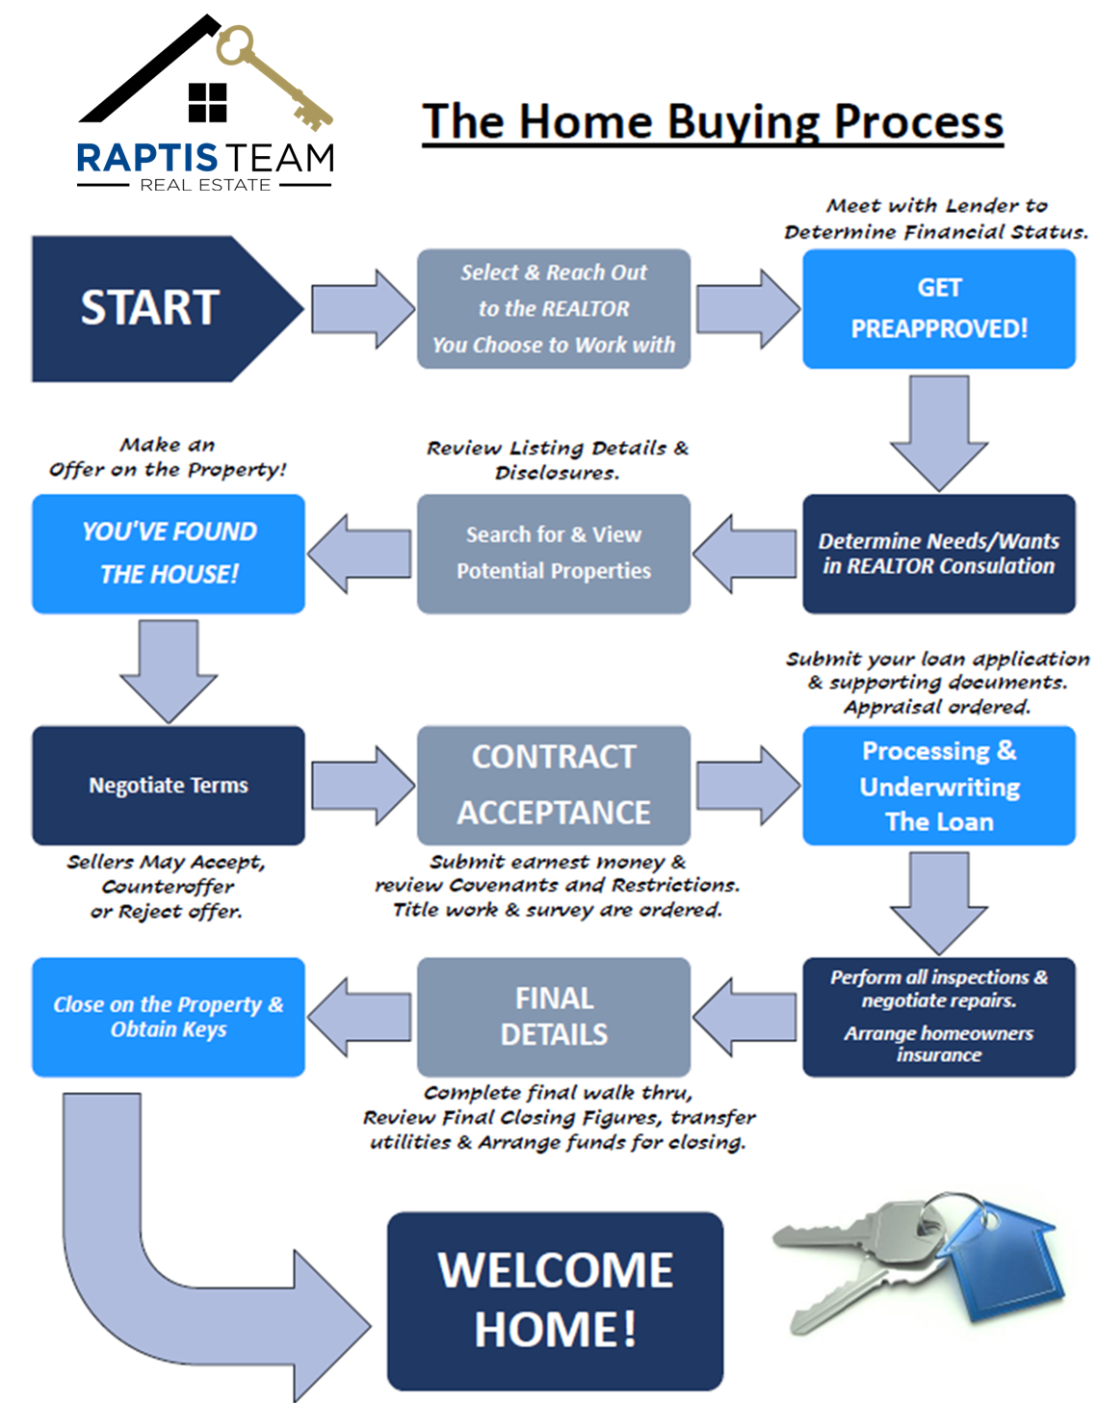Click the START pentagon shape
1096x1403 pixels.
coord(154,308)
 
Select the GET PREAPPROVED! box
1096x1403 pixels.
coord(938,308)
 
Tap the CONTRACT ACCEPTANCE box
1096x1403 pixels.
coord(553,785)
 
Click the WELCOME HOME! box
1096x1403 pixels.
coord(555,1300)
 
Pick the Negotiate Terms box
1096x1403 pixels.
coord(168,785)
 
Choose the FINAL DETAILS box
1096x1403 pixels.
coord(553,1016)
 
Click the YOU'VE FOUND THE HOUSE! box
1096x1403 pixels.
coord(168,553)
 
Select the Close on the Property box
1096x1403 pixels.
coord(168,1016)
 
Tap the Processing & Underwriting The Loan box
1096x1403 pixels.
coord(938,785)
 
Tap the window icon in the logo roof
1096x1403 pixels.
coord(207,102)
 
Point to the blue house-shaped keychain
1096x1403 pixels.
coord(1002,1261)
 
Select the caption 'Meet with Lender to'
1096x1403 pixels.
coord(936,205)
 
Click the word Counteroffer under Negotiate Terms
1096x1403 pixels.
coord(168,886)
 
